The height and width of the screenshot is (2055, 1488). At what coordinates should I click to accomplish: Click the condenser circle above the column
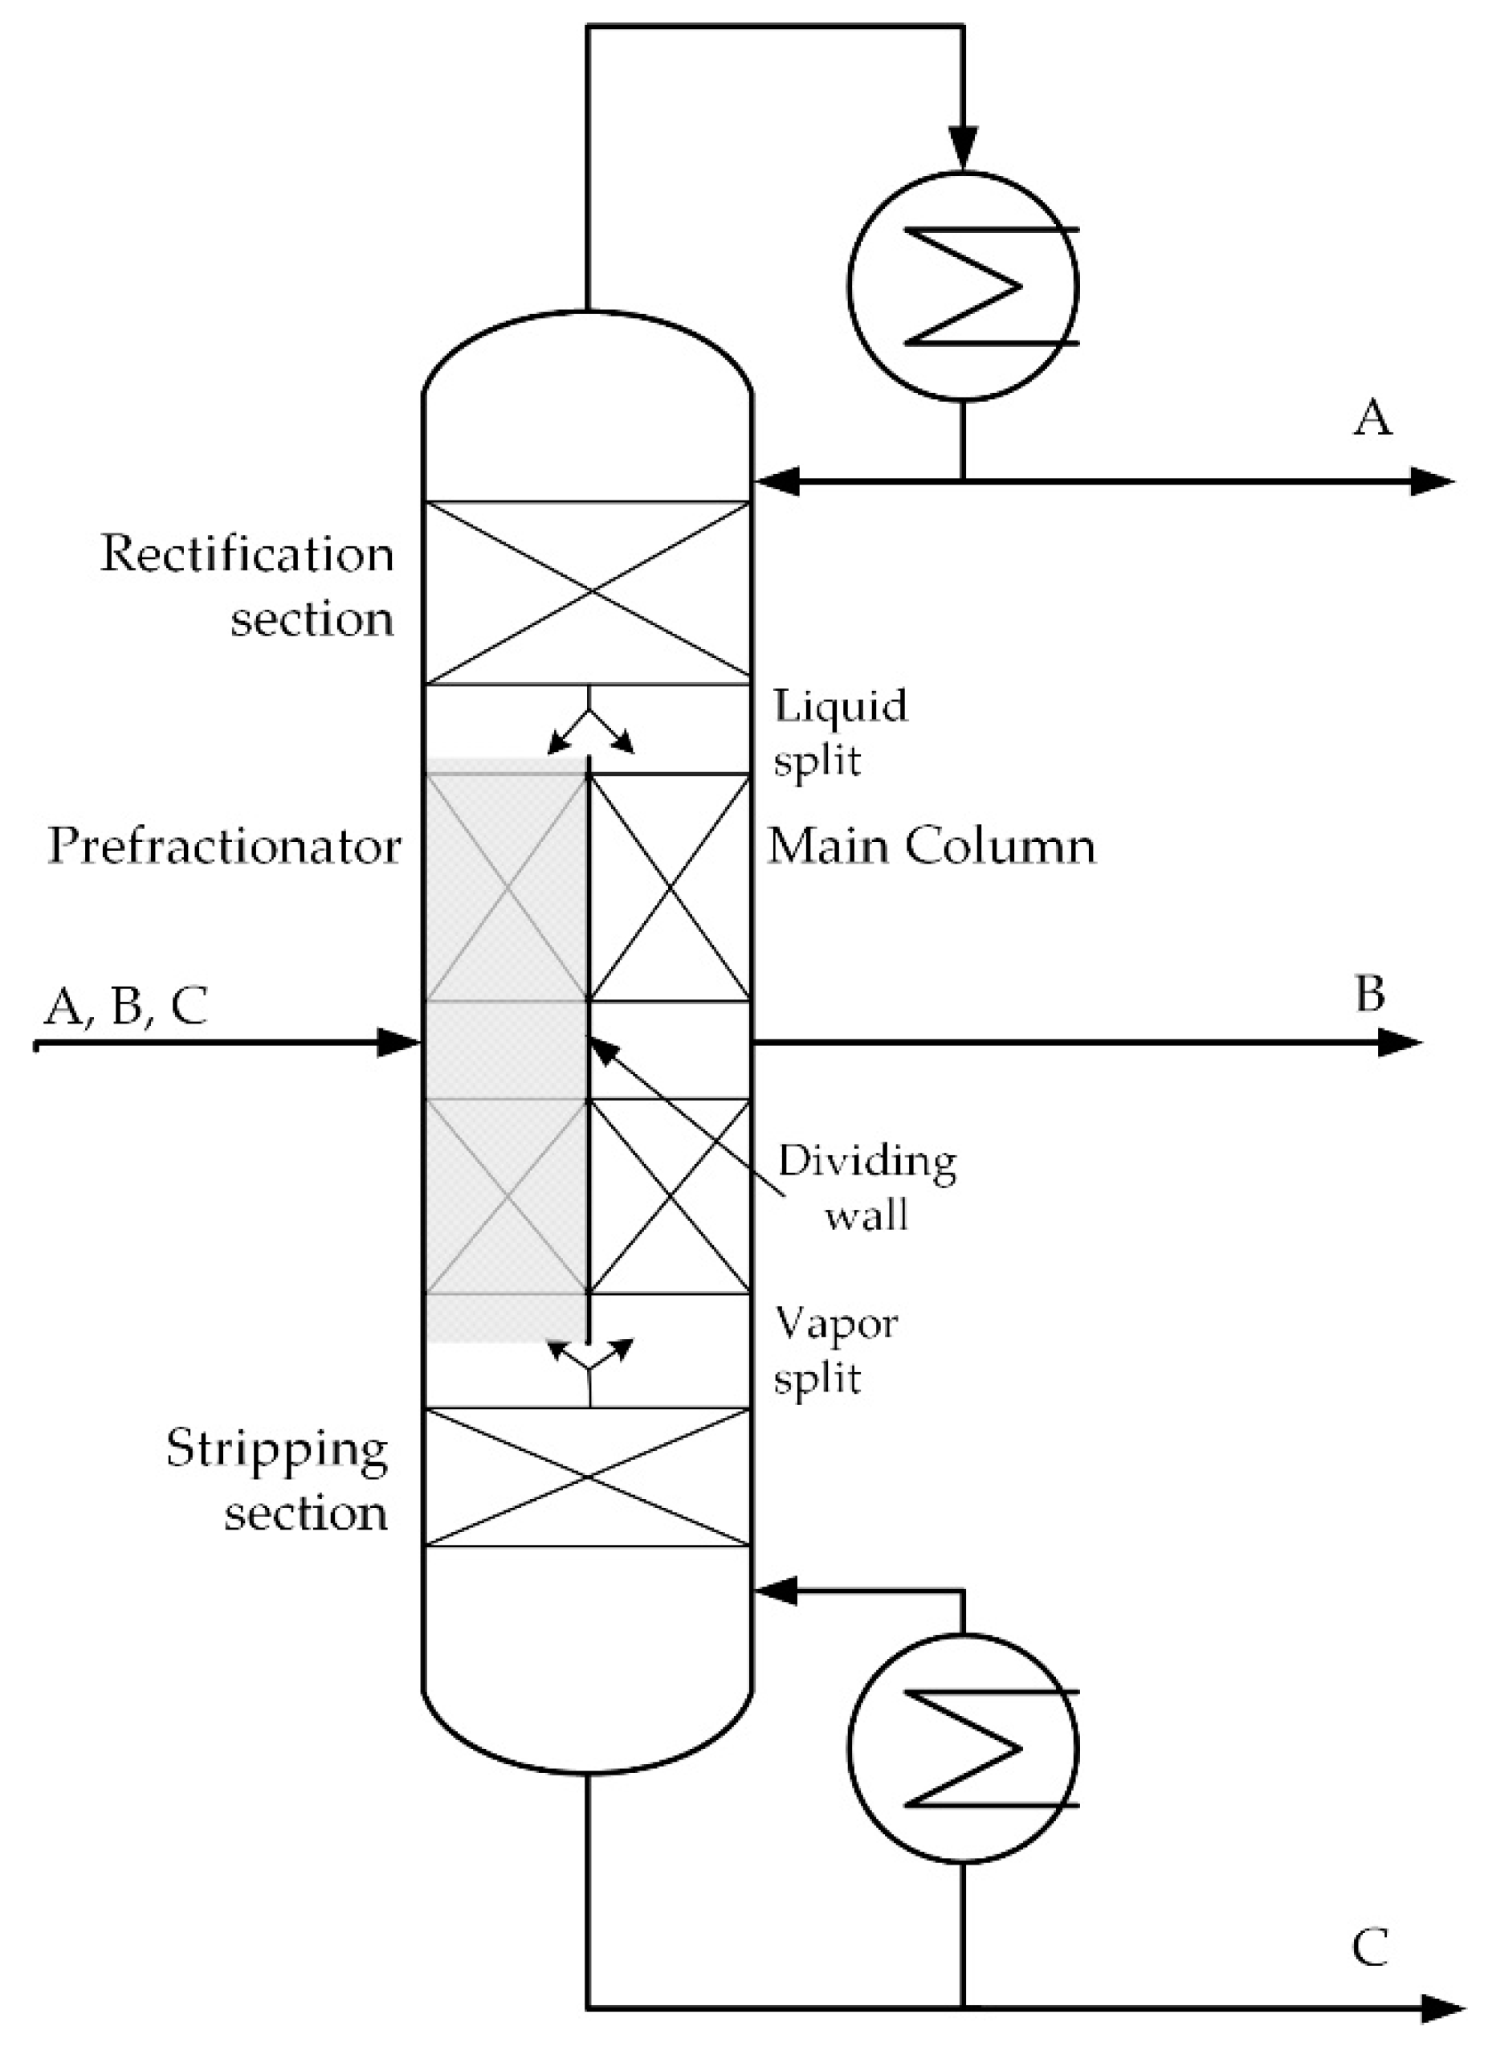click(963, 284)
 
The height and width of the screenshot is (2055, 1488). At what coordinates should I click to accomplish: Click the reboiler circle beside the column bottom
click(963, 1750)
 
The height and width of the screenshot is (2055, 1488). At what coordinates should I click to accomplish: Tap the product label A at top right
click(1372, 419)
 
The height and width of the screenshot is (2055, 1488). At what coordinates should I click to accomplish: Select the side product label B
click(1369, 994)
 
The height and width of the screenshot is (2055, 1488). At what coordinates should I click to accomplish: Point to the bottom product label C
click(1370, 1947)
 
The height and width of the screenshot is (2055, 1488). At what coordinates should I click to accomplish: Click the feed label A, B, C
click(126, 1005)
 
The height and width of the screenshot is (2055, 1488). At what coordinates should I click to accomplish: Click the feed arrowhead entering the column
click(400, 1042)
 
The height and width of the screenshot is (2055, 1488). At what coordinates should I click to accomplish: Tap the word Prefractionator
click(224, 846)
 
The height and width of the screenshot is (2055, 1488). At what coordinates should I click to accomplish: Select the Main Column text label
click(931, 846)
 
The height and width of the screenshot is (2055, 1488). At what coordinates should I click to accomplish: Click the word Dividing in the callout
click(866, 1161)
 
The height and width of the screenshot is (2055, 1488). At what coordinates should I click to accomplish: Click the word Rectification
click(247, 554)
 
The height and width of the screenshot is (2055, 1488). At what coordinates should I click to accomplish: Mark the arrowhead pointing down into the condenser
click(963, 149)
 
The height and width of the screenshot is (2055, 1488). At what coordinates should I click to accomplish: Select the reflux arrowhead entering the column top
click(777, 480)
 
